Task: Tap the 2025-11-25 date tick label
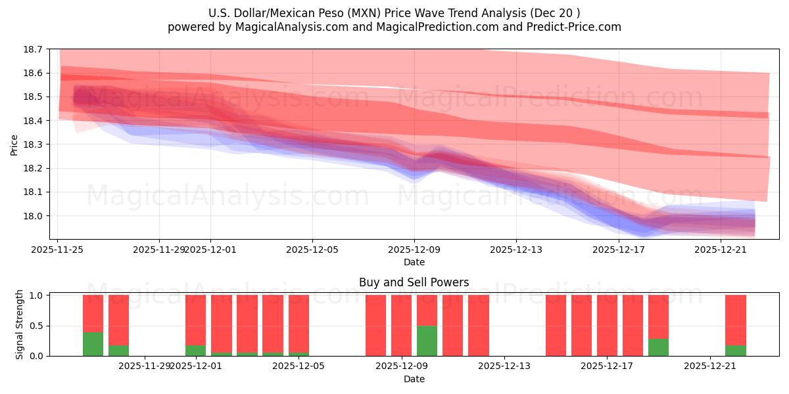58,250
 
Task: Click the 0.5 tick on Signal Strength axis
38,326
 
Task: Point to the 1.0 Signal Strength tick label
38,295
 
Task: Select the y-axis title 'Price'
14,144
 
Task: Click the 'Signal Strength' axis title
20,324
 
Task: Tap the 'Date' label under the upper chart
414,262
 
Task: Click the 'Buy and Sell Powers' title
414,283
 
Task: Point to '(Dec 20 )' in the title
558,13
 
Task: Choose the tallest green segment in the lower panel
427,341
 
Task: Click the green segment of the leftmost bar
93,344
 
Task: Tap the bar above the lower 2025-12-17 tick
607,325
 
